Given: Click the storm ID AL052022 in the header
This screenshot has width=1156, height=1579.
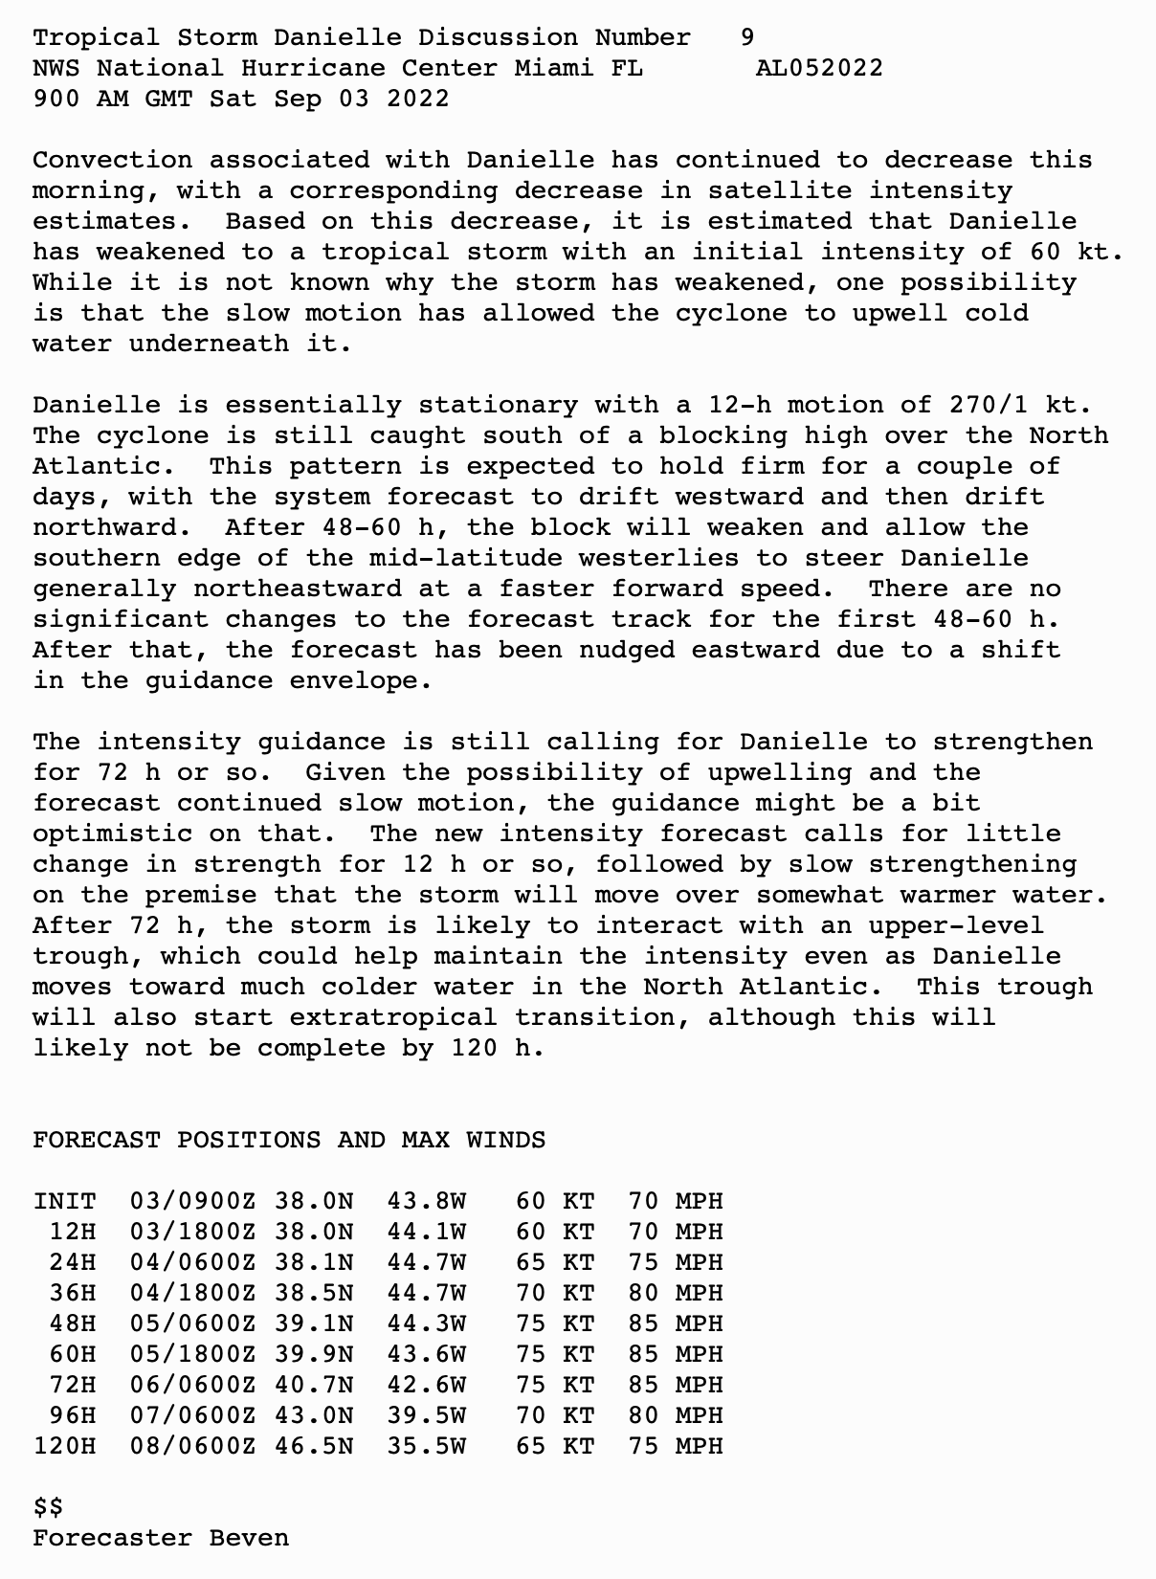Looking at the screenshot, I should pos(819,68).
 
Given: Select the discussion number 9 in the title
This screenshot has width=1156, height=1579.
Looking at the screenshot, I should pos(747,37).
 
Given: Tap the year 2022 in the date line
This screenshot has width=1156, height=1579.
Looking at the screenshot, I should pos(418,99).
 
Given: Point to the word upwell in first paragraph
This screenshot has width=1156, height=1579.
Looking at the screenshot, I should pos(900,313).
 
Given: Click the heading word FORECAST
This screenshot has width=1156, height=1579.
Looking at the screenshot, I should pos(97,1140).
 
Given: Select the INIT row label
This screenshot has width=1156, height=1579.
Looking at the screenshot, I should pos(65,1201).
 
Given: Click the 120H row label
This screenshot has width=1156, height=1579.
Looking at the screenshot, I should pos(65,1446).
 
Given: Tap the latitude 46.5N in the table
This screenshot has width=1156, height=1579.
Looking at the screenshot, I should pos(313,1446).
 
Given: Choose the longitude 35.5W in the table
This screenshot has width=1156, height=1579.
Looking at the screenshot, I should pos(426,1446).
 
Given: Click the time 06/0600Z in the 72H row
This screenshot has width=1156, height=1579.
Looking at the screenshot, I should pos(192,1385).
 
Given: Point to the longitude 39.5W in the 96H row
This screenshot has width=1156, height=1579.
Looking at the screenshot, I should pos(426,1415).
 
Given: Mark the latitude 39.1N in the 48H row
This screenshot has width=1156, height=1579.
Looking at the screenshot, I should pos(313,1323).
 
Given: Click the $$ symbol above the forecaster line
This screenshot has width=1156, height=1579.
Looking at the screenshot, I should pos(48,1507).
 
